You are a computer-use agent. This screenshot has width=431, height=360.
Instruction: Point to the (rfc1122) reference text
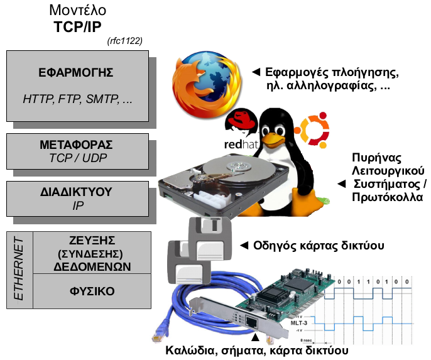coord(125,41)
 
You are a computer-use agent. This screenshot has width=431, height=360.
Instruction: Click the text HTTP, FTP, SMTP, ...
coord(77,99)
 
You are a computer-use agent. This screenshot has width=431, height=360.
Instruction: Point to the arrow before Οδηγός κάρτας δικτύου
coord(246,244)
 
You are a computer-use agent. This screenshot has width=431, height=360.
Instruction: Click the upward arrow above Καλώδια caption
coord(254,340)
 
